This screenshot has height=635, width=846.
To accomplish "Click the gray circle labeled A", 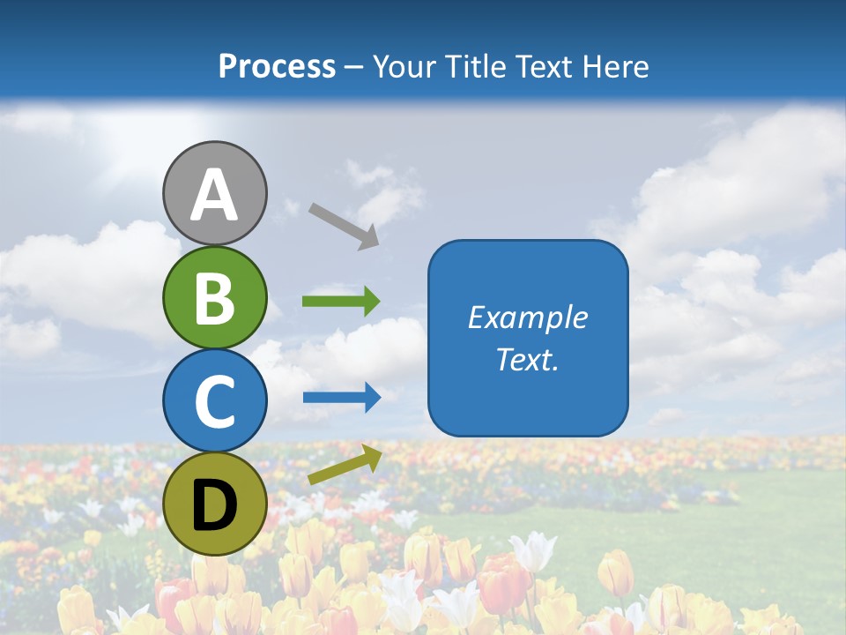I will pos(215,193).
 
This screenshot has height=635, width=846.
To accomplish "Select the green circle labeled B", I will pos(215,297).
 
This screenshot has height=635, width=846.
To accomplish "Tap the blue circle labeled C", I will pos(215,400).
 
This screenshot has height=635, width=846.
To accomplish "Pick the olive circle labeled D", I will pos(215,504).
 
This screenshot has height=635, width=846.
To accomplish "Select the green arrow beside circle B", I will pos(341,302).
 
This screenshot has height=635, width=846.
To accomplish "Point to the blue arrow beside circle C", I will pos(342,398).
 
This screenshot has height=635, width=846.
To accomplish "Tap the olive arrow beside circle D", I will pos(345,465).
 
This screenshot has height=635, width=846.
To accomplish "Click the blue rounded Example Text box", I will pos(528,338).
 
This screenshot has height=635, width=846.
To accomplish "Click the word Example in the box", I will pos(528,317).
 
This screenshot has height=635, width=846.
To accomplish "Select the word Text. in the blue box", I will pos(528,360).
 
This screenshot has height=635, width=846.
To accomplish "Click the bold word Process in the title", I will pos(278,66).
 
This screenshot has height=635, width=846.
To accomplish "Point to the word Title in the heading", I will pos(476,66).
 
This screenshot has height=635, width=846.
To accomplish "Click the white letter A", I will pos(215,196).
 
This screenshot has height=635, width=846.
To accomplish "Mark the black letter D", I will pos(215,506).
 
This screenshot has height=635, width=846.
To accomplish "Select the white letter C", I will pos(215,402).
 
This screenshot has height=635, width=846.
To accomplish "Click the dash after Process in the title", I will pos(354,67).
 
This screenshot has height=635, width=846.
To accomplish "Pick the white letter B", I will pos(215,298).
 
